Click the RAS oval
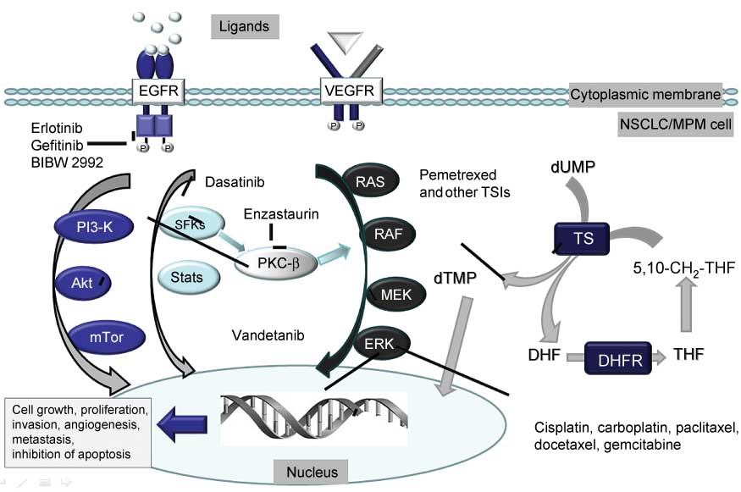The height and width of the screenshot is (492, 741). pos(367,180)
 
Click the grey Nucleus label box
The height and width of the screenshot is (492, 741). pos(311,471)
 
